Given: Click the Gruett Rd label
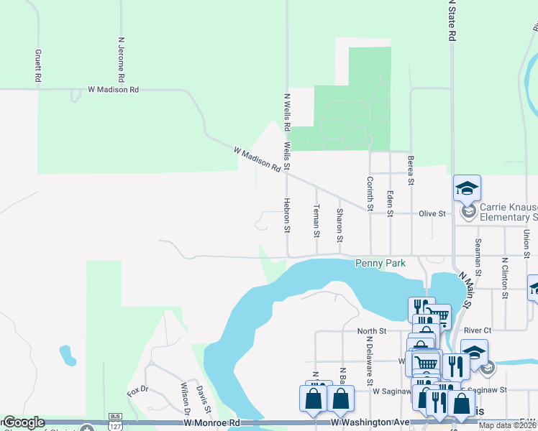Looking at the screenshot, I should pyautogui.click(x=37, y=66).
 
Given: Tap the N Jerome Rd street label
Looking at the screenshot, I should pyautogui.click(x=122, y=59).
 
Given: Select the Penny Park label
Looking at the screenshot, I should pyautogui.click(x=380, y=264).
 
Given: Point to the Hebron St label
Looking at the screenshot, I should pyautogui.click(x=286, y=215).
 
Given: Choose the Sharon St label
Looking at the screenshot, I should pyautogui.click(x=339, y=225).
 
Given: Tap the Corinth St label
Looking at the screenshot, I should pyautogui.click(x=370, y=194).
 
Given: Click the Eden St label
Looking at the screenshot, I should pyautogui.click(x=390, y=203).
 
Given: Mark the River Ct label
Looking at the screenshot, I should pyautogui.click(x=478, y=330).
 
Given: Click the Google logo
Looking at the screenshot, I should pyautogui.click(x=23, y=423).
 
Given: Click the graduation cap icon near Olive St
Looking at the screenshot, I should pyautogui.click(x=467, y=189).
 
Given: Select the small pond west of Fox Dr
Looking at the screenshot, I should pyautogui.click(x=68, y=356).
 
